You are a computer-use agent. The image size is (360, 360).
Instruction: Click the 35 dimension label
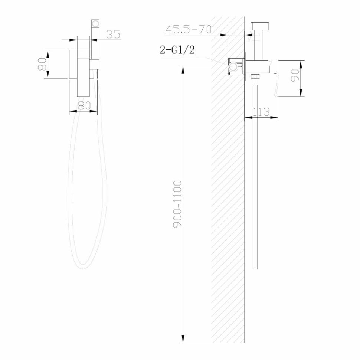coord(113,34)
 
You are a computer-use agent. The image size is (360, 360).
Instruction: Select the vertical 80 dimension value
coord(42,64)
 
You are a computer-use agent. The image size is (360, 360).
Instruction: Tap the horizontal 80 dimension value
coord(84,105)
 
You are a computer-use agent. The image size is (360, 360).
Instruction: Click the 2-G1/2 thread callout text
coord(177,50)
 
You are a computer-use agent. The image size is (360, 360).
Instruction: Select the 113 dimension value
coord(261,112)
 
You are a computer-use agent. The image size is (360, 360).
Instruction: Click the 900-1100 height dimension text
coord(178,204)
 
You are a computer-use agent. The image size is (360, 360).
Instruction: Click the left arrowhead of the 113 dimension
coord(248,118)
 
